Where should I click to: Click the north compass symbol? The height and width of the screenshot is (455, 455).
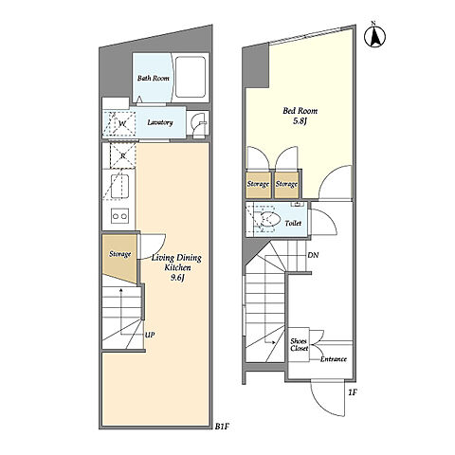374,36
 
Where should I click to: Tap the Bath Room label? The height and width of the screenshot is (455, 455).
153,78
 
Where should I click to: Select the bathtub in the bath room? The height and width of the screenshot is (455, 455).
191,77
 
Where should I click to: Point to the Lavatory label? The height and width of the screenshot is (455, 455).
160,122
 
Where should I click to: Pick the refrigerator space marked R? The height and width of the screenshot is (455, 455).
122,155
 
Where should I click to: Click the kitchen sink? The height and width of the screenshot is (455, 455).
120,187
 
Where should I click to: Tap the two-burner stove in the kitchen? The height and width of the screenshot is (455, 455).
119,216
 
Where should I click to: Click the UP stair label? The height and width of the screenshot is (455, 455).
150,335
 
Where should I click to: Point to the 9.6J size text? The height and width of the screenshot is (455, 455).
177,278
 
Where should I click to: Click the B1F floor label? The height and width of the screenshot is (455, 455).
222,427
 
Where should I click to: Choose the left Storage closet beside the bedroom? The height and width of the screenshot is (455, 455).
259,185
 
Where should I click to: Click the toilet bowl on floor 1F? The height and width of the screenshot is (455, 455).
268,219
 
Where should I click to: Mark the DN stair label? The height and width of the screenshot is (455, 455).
313,255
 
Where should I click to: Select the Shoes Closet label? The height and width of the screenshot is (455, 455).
299,345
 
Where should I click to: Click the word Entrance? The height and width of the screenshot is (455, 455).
334,359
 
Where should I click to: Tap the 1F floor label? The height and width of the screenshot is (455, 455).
353,392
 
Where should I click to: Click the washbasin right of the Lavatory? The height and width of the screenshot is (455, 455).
198,124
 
